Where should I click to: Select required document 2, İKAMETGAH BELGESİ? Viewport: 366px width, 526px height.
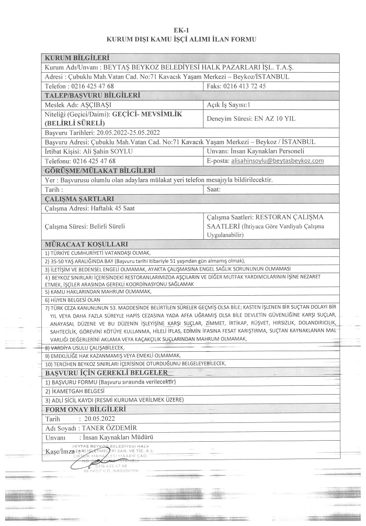79,391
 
